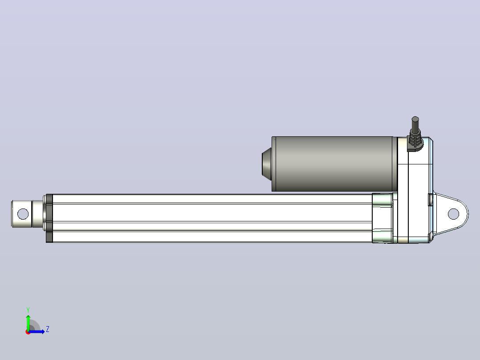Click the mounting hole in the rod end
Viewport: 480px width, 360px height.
click(23, 214)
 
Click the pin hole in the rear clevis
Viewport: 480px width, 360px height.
click(453, 214)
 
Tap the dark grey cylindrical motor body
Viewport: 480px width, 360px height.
click(334, 164)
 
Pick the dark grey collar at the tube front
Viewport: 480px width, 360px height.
click(49, 218)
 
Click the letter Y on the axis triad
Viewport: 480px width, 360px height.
click(28, 310)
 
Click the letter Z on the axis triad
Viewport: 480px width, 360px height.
click(48, 329)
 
